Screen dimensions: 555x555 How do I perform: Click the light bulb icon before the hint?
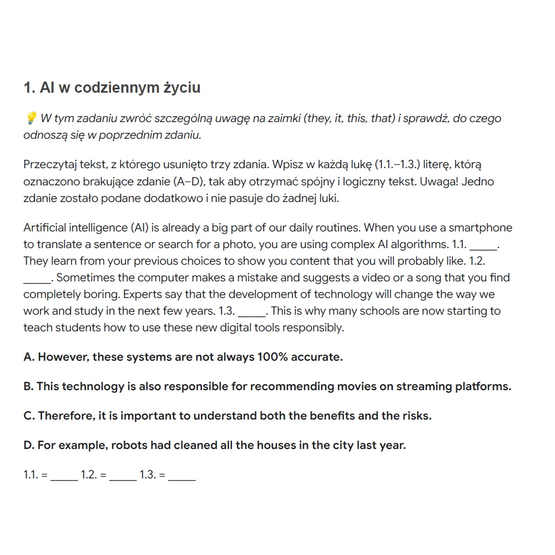[31, 118]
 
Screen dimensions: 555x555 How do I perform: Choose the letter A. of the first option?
[29, 357]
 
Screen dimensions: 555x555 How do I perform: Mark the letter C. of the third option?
[29, 416]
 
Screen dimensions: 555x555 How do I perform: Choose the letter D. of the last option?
[29, 445]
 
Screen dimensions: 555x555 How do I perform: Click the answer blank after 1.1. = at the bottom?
[64, 476]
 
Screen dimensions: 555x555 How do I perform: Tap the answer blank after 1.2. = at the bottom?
[123, 476]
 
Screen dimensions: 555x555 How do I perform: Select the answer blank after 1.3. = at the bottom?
[181, 476]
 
